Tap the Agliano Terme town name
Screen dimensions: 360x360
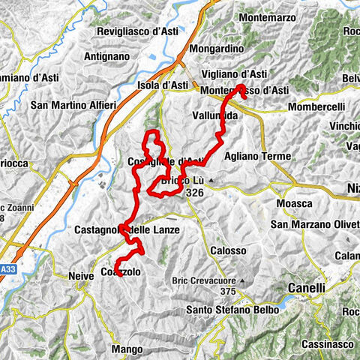[x=256, y=157]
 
